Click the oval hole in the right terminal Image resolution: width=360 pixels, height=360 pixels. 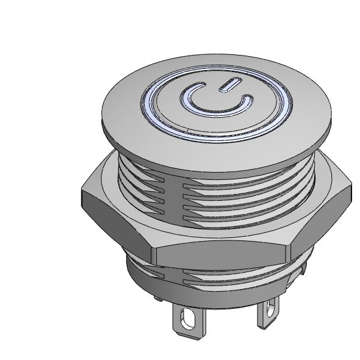[268, 312]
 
